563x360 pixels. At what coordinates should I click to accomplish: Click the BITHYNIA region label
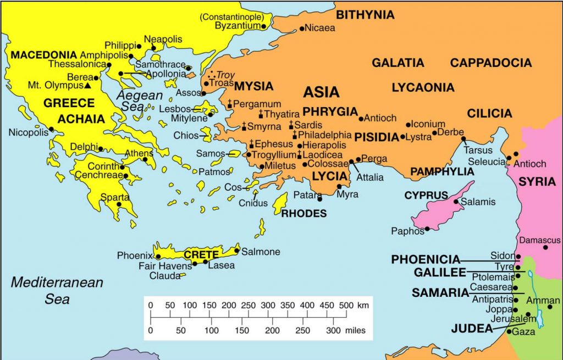tap(365, 15)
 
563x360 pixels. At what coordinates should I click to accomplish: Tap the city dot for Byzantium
tap(264, 26)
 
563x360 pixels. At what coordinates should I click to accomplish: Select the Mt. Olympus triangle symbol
tap(87, 85)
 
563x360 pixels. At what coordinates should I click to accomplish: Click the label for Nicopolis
tap(28, 132)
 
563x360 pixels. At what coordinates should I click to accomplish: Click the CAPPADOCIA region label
tap(491, 63)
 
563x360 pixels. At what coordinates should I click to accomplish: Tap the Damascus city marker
tap(545, 247)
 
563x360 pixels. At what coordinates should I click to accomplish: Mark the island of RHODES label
tap(303, 213)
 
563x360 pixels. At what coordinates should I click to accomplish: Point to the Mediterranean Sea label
tap(57, 291)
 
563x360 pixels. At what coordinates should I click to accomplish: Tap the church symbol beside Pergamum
tap(230, 104)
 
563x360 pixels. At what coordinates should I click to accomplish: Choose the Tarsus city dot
tap(463, 139)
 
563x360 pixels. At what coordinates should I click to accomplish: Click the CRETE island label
tap(201, 254)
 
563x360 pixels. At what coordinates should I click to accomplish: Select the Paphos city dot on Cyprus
tap(427, 229)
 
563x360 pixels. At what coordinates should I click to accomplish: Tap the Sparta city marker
tap(119, 204)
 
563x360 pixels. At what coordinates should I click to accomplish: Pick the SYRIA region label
tap(537, 182)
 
